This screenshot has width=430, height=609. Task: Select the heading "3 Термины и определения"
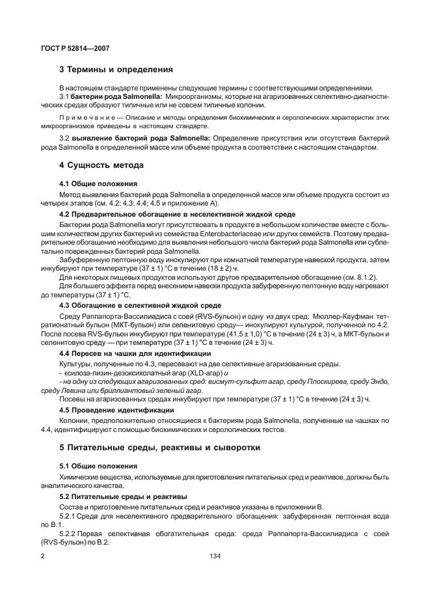pyautogui.click(x=116, y=69)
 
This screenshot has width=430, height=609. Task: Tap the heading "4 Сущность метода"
pyautogui.click(x=98, y=165)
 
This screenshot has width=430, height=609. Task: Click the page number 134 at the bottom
pyautogui.click(x=215, y=556)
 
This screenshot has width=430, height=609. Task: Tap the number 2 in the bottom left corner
pyautogui.click(x=42, y=556)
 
